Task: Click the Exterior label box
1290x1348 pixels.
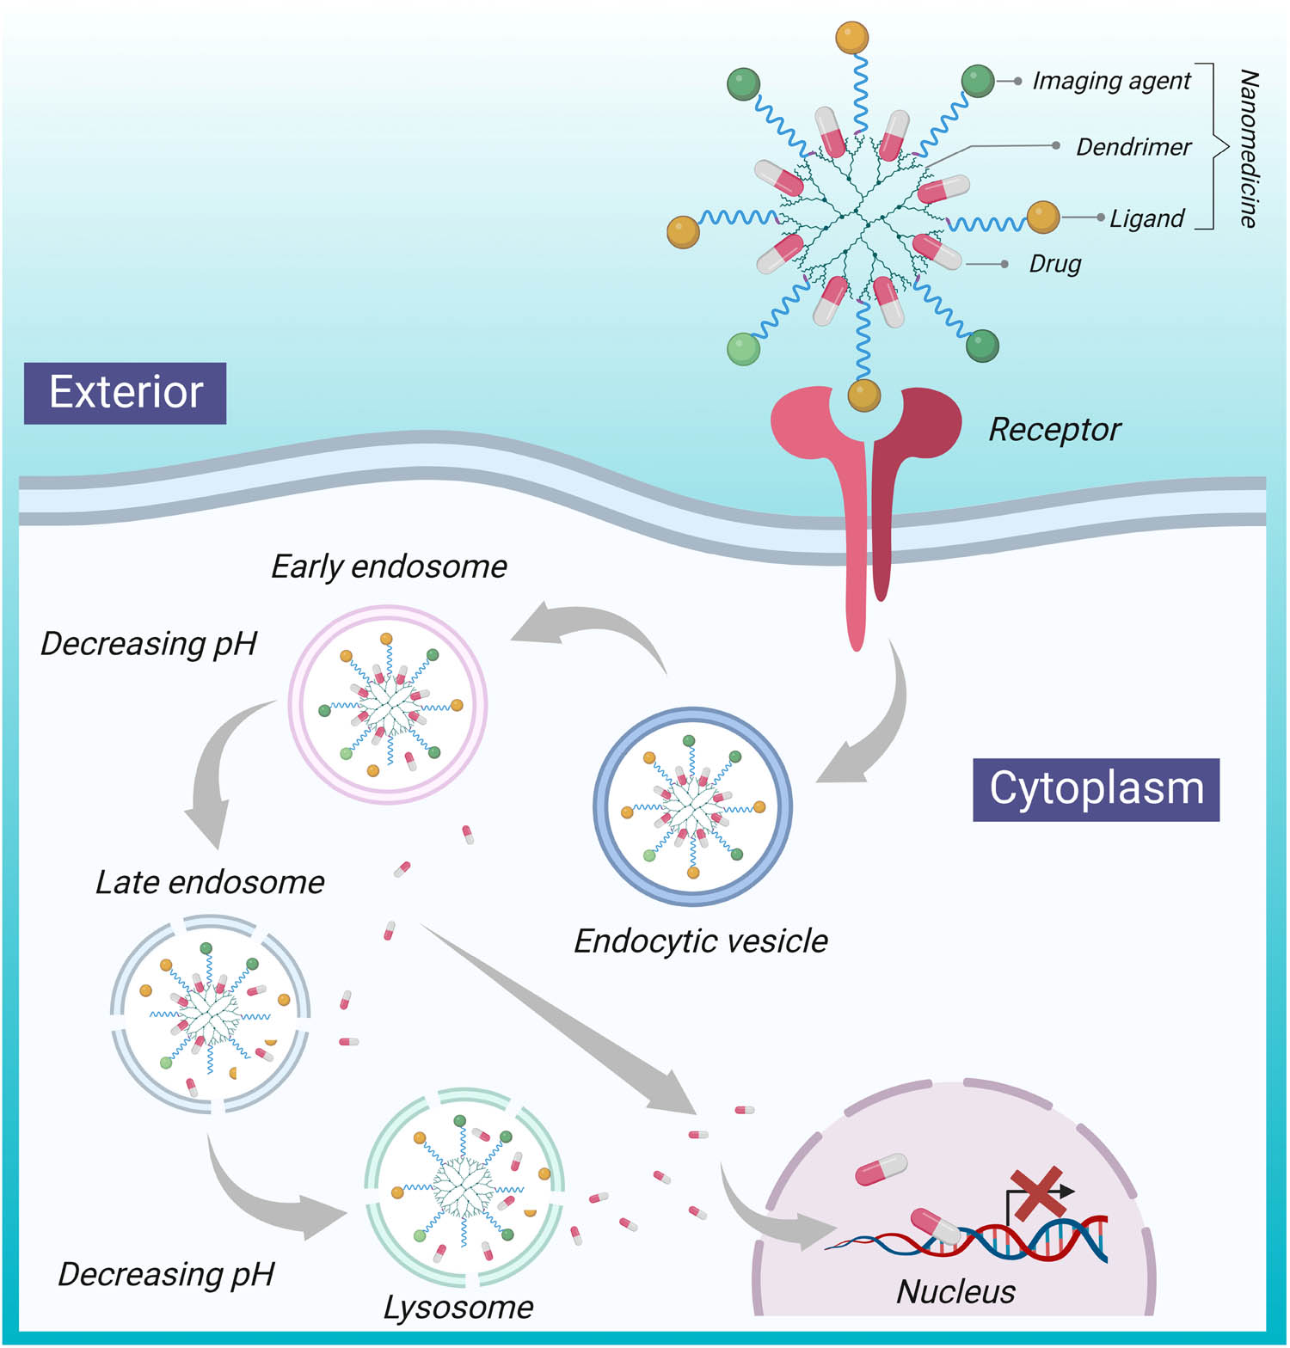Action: pyautogui.click(x=126, y=393)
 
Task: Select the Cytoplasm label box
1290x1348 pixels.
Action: pyautogui.click(x=1096, y=789)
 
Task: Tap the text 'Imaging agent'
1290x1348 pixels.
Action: pyautogui.click(x=1110, y=81)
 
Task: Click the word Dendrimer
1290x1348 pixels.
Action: pyautogui.click(x=1133, y=147)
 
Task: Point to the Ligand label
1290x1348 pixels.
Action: pyautogui.click(x=1146, y=218)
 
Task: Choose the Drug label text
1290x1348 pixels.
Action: pyautogui.click(x=1054, y=264)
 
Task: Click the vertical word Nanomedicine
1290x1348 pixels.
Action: pyautogui.click(x=1248, y=148)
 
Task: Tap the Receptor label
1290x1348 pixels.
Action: pyautogui.click(x=1054, y=429)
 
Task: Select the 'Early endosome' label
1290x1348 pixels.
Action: pyautogui.click(x=389, y=567)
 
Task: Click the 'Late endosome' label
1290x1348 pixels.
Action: pyautogui.click(x=210, y=882)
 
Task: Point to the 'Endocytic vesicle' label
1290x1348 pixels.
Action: pyautogui.click(x=700, y=941)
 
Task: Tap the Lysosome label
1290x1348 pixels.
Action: pyautogui.click(x=458, y=1307)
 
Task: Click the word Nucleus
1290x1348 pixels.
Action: pyautogui.click(x=955, y=1291)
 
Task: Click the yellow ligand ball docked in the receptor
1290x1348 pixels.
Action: pyautogui.click(x=863, y=395)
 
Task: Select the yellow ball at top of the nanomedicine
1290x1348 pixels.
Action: pyautogui.click(x=851, y=38)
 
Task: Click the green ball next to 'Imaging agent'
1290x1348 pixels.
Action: pyautogui.click(x=977, y=82)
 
